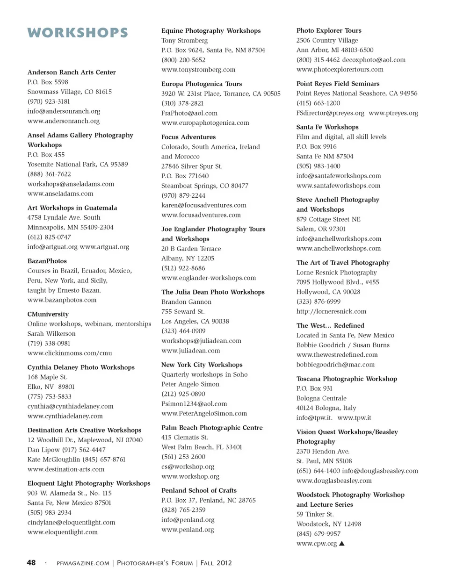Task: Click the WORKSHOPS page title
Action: (78, 33)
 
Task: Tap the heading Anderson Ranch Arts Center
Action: (72, 72)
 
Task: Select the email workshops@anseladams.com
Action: (71, 184)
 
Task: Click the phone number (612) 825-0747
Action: (49, 237)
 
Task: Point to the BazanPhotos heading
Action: (47, 261)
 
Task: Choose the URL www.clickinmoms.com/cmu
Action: (70, 353)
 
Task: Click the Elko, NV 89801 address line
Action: (51, 387)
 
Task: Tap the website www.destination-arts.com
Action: (66, 469)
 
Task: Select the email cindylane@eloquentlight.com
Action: (71, 522)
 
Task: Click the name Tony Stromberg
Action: (184, 40)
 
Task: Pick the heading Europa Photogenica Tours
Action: (202, 84)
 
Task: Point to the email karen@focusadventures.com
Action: (203, 205)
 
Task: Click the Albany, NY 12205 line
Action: (188, 258)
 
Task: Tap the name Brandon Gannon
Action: (186, 302)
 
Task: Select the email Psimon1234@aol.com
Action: (194, 403)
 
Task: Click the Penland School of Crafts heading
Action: (199, 490)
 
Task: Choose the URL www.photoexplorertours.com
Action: (340, 69)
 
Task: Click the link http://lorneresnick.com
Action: (331, 311)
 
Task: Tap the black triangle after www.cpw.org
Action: (342, 543)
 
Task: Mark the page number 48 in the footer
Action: (31, 563)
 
